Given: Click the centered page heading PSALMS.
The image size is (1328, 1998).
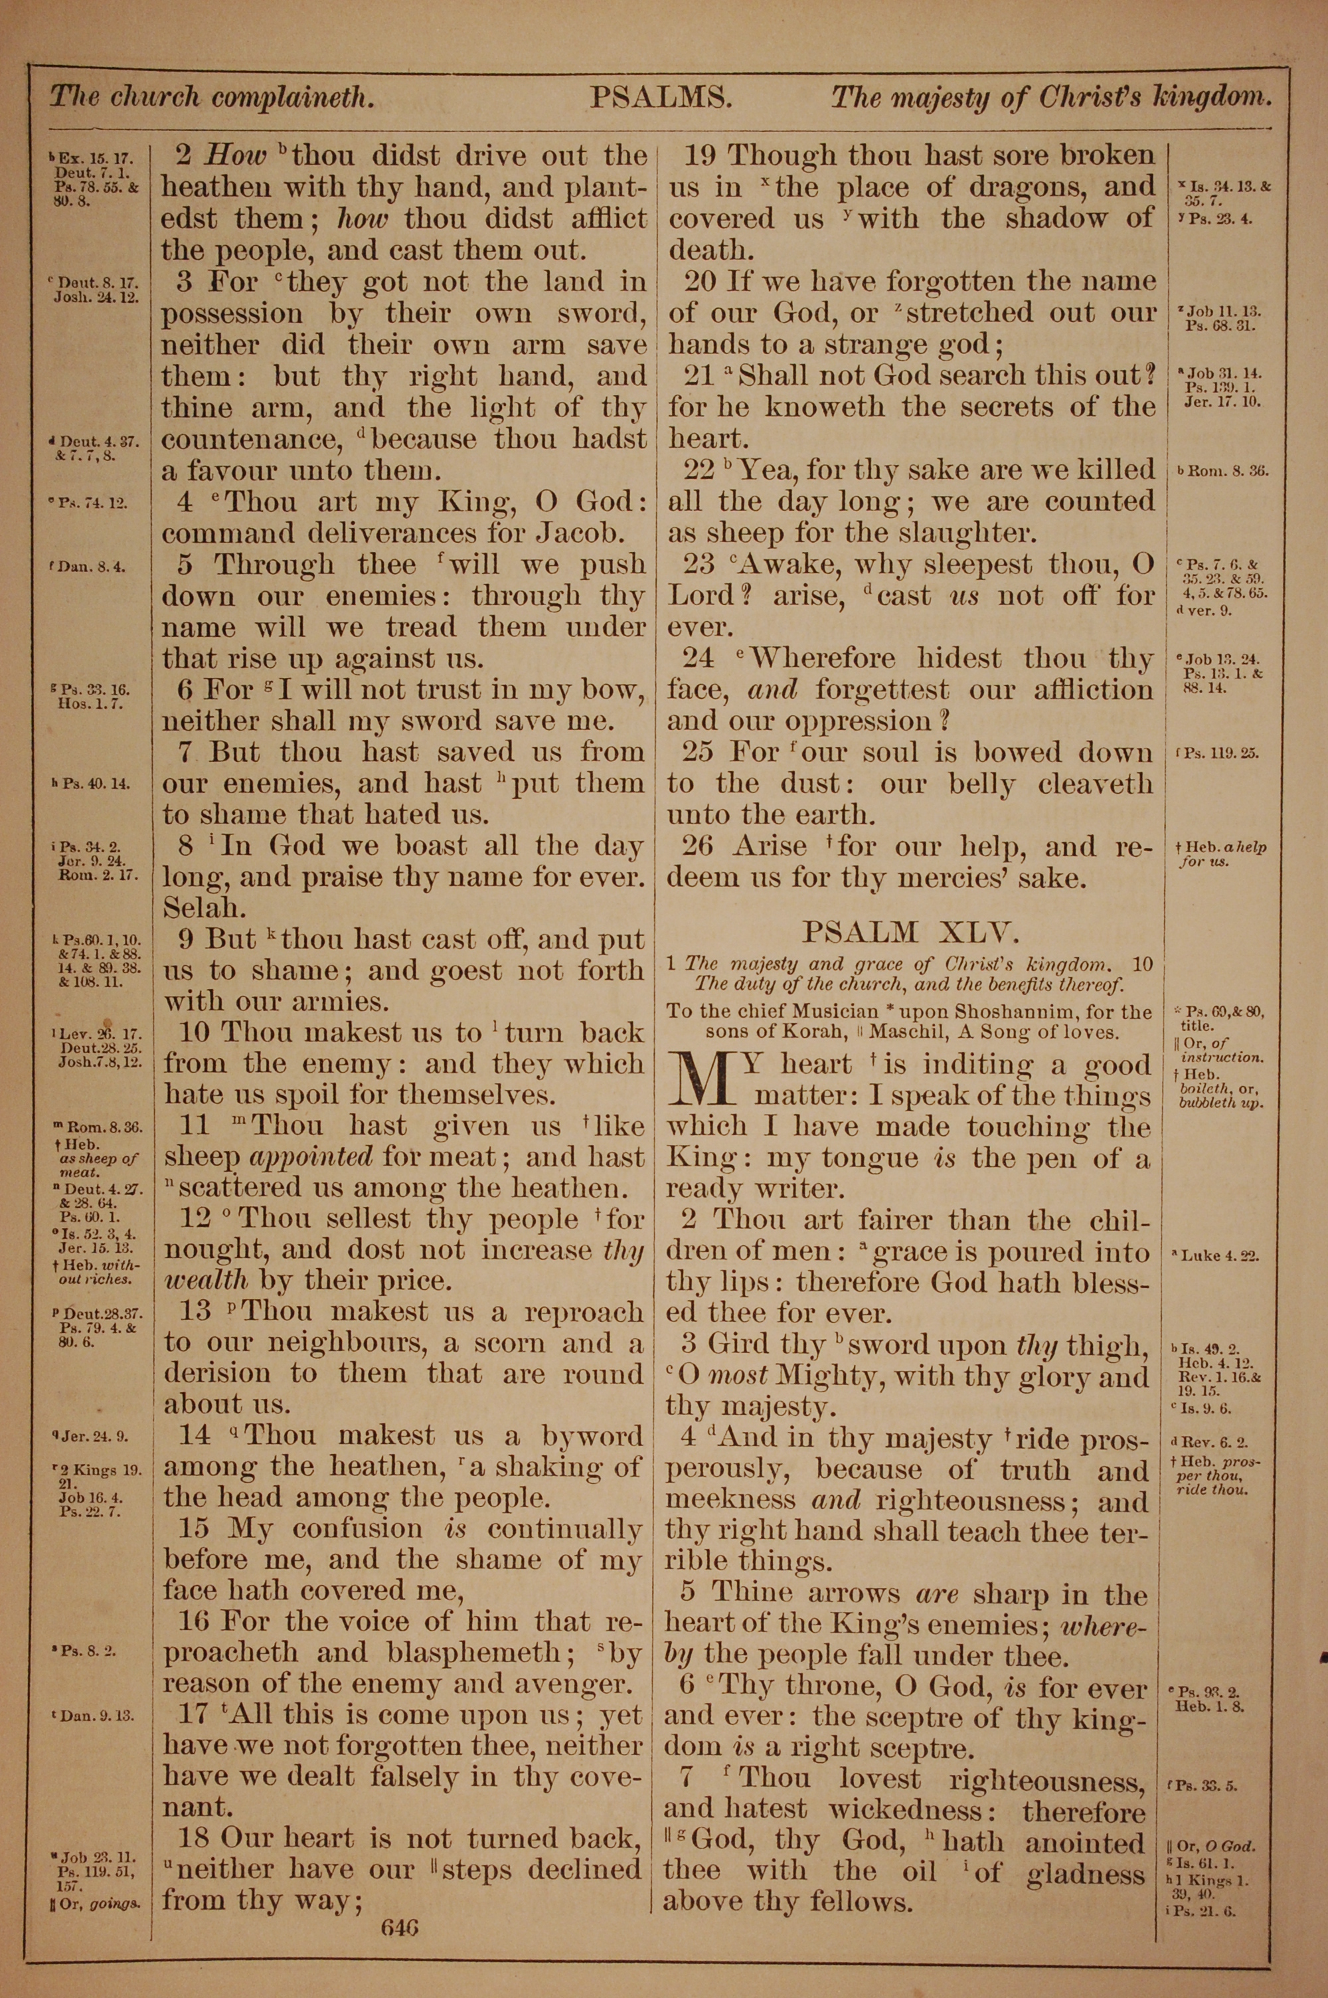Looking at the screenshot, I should tap(661, 98).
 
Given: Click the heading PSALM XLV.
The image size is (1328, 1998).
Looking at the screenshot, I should tap(909, 933).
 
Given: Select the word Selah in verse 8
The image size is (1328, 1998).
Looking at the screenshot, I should tap(203, 908).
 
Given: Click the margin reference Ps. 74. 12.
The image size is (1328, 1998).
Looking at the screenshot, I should tap(92, 503).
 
